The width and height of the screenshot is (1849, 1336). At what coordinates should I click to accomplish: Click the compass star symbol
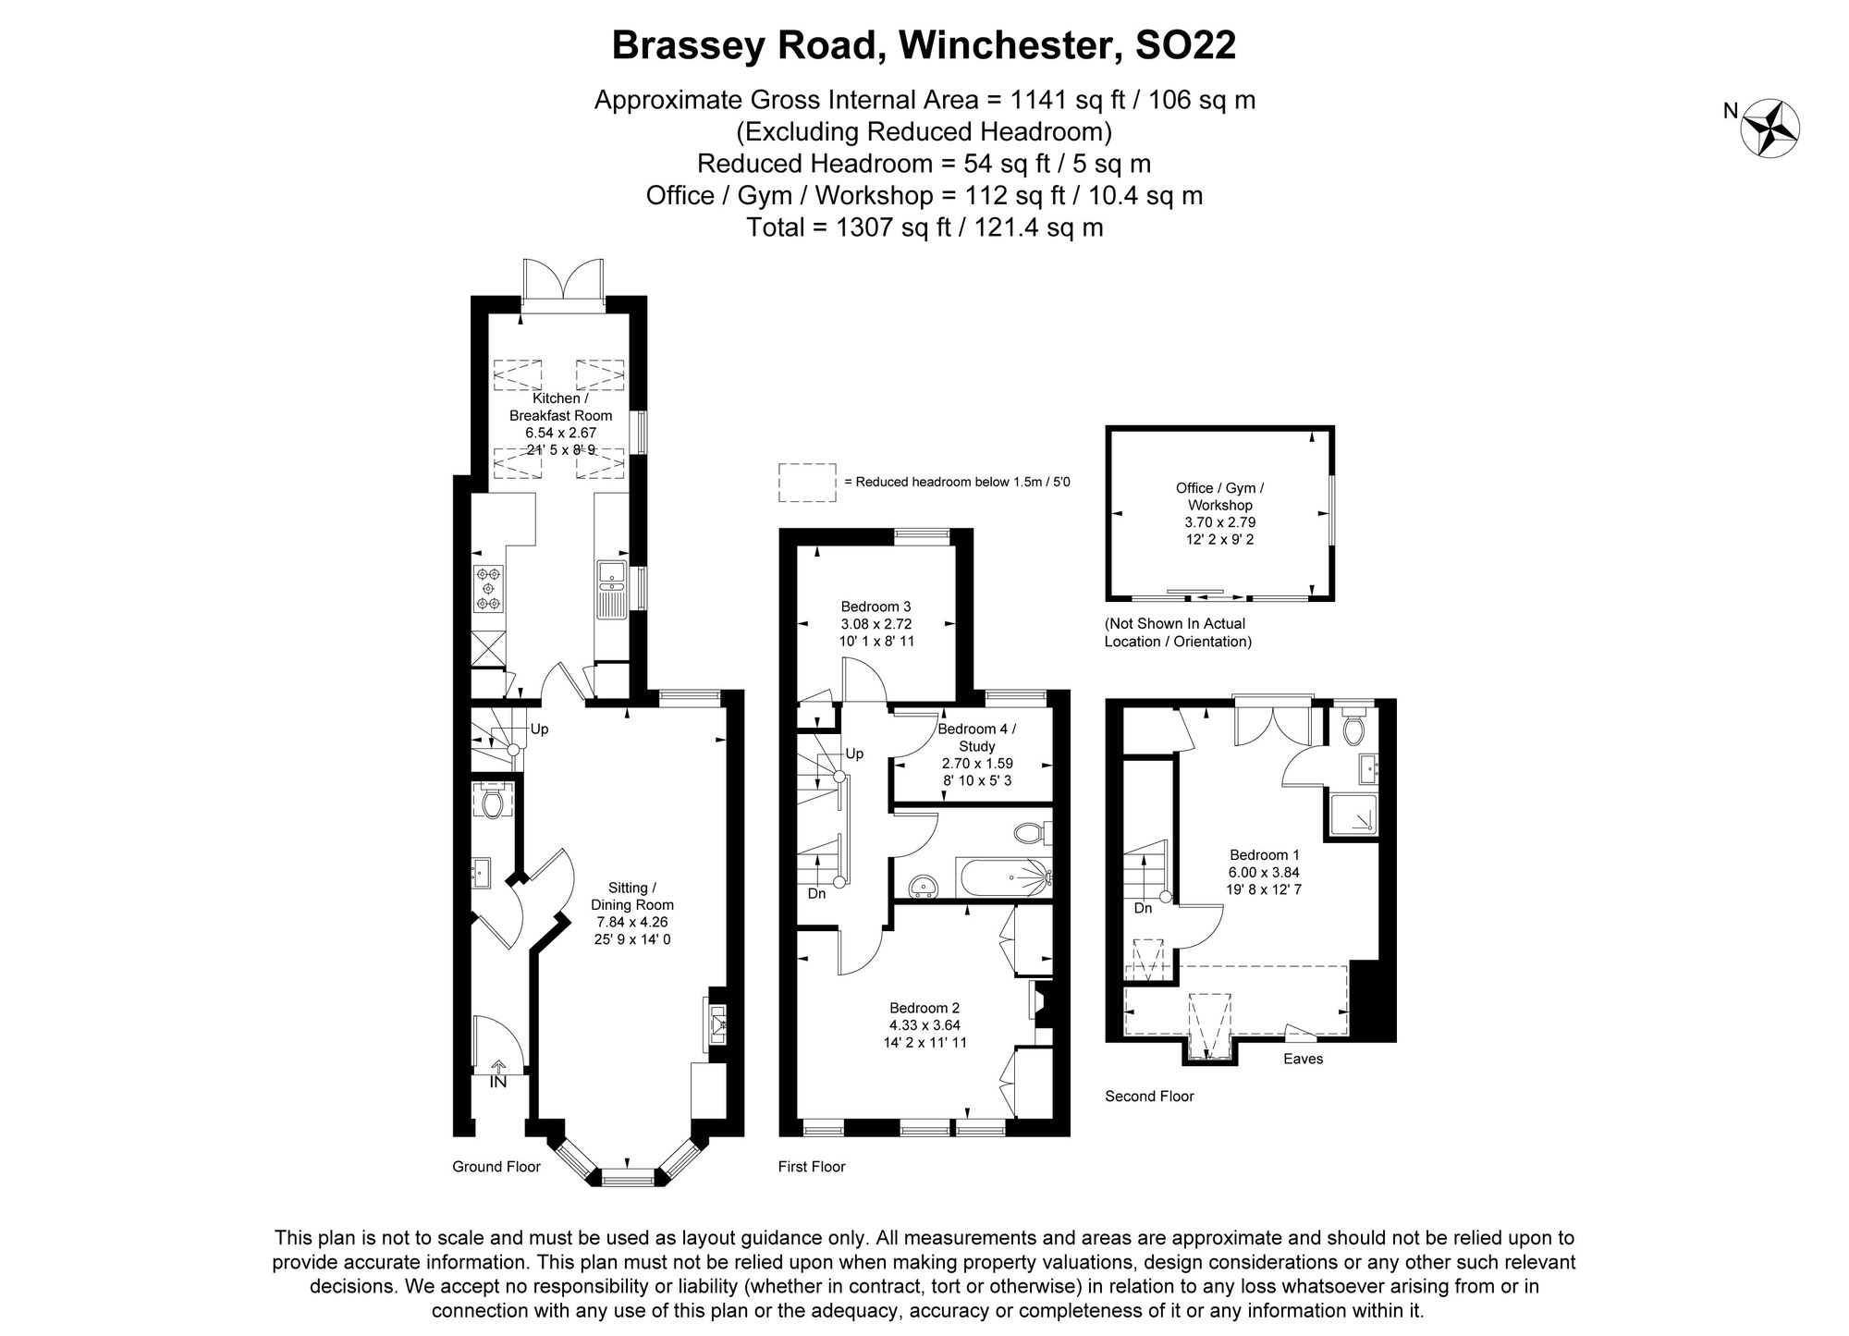(x=1769, y=128)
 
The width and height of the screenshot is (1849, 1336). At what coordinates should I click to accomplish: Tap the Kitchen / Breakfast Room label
(x=560, y=407)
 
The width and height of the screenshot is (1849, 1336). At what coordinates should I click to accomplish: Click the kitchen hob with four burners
(x=488, y=589)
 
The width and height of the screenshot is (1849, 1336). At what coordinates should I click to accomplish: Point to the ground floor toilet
(x=492, y=802)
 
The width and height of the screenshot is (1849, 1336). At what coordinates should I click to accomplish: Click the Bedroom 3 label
(x=876, y=607)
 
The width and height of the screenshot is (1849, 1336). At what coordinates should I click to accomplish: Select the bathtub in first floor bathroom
(x=1003, y=877)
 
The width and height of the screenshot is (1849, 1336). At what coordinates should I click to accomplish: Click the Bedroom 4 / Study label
(x=976, y=737)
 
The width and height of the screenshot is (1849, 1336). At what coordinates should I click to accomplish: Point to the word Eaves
(x=1303, y=1059)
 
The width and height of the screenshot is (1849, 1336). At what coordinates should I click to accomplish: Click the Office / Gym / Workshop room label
(x=1219, y=496)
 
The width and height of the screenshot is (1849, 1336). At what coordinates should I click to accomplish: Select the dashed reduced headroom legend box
(x=806, y=483)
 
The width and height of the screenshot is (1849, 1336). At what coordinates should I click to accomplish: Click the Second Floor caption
(x=1149, y=1097)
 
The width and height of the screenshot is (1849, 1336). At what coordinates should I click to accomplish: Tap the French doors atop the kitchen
(x=563, y=281)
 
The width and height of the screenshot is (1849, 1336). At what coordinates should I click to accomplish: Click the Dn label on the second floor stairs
(x=1143, y=908)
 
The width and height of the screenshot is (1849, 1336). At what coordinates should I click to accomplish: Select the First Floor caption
(x=812, y=1167)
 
